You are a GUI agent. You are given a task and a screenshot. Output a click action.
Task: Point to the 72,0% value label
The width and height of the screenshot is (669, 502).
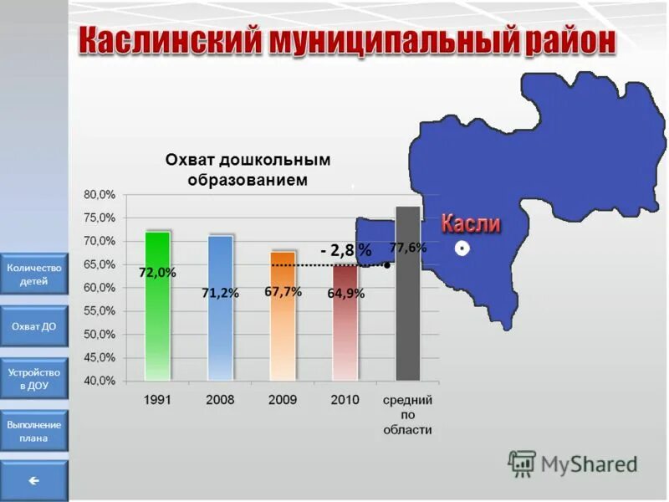point(157,273)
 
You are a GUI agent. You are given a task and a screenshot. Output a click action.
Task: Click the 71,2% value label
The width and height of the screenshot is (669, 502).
point(221,293)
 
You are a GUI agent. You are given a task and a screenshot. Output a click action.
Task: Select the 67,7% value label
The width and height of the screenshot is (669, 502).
point(283,291)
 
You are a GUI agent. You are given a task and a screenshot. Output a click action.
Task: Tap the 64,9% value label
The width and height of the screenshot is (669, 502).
point(345,293)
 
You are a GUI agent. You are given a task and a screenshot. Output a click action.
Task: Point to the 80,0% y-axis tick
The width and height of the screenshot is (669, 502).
point(100,194)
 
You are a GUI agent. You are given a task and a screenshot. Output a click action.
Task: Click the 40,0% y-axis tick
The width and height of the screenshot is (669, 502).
point(100,381)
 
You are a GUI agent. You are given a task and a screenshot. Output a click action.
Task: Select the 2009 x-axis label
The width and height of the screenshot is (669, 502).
point(283,400)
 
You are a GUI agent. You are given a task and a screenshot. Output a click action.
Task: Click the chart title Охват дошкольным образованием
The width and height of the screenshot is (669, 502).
point(248,169)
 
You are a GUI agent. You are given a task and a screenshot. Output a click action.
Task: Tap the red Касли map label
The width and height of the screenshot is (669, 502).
point(470,223)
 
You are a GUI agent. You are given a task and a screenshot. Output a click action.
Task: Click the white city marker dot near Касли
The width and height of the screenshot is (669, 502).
point(461,249)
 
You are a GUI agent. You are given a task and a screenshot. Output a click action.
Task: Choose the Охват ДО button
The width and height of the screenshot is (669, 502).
point(34,326)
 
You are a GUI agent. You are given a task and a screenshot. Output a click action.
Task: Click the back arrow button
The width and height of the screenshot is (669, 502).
point(34,480)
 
